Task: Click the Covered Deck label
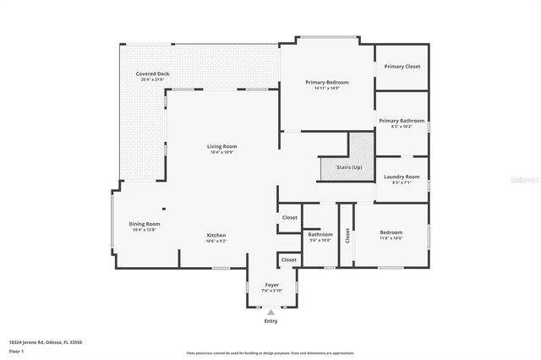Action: [153, 74]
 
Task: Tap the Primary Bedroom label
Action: [327, 82]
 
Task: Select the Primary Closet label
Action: [402, 66]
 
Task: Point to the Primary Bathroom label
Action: [402, 121]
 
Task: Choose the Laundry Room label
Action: [402, 177]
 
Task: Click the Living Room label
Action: [221, 146]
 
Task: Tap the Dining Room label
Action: [144, 224]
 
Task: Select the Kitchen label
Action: [216, 235]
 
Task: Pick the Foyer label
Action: [271, 285]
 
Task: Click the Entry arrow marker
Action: [271, 312]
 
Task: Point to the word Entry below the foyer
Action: [271, 321]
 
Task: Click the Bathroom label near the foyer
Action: [320, 234]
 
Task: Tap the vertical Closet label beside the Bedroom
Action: [347, 235]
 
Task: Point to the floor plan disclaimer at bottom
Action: [270, 352]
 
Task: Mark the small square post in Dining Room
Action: [164, 210]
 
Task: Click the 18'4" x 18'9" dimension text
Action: [221, 152]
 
